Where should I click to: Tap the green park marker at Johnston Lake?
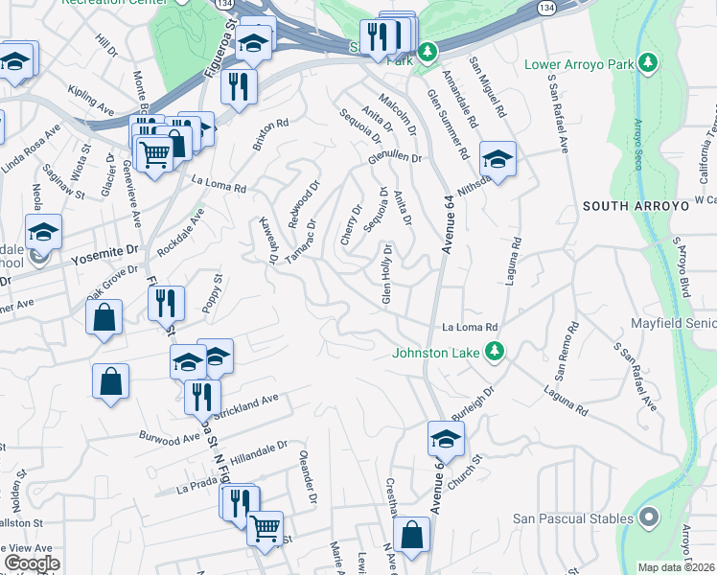click(x=495, y=351)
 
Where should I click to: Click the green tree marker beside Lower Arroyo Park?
click(x=649, y=63)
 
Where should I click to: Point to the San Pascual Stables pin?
click(x=649, y=518)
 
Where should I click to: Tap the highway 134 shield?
click(x=545, y=7)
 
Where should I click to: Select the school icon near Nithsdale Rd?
click(x=497, y=159)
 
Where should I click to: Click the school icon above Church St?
click(x=446, y=439)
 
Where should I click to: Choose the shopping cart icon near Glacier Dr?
click(x=153, y=152)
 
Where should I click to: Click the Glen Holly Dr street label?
click(x=388, y=274)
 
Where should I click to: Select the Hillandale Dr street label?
click(x=254, y=449)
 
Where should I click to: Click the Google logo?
click(x=32, y=563)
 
